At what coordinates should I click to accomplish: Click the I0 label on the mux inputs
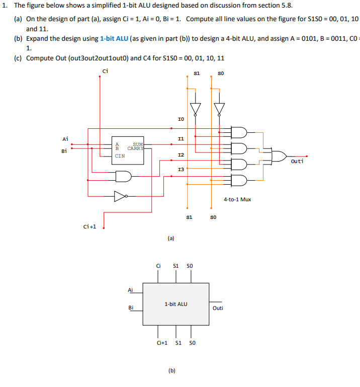coord(181,119)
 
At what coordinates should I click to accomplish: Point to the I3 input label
coord(181,170)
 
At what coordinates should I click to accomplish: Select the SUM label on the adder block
coord(138,144)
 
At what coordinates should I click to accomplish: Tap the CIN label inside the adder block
coord(120,156)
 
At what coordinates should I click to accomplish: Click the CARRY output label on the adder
coord(135,148)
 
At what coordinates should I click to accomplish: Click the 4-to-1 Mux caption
coord(237,199)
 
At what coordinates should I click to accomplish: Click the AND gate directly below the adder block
coord(124,176)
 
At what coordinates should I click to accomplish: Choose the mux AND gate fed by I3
coord(239,180)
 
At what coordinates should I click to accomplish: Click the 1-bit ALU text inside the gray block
coord(176,304)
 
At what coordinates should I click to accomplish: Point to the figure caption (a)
coord(170,239)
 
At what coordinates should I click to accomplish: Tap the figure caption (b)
coord(172,370)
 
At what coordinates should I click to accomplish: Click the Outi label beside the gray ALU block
coord(218,308)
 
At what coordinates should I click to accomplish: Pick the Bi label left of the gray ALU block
coord(131,307)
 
